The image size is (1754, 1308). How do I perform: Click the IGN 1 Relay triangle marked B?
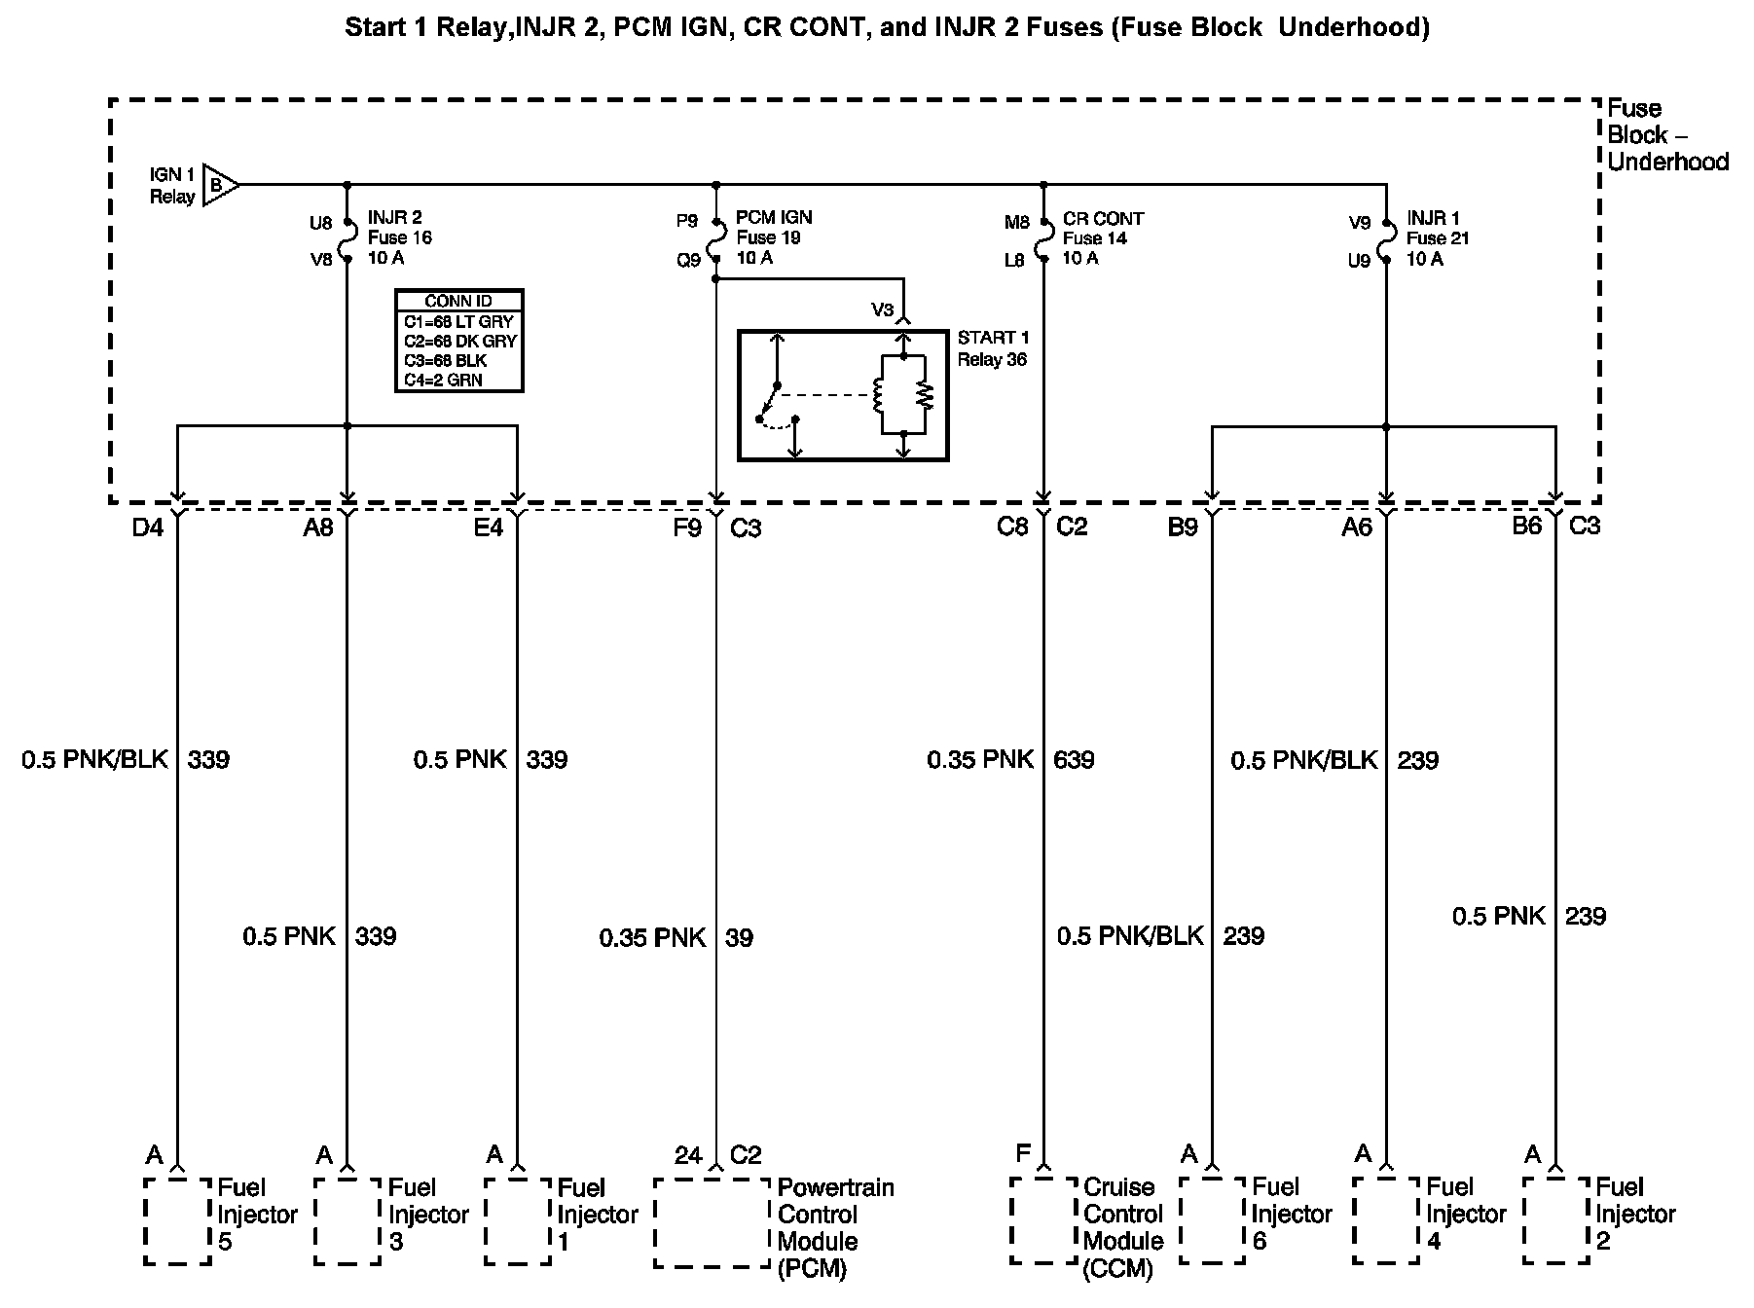coord(219,184)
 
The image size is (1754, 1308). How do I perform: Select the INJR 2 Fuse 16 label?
coord(399,237)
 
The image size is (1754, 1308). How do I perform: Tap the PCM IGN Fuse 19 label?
coord(773,237)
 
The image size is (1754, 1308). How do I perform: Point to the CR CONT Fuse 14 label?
coord(1102,238)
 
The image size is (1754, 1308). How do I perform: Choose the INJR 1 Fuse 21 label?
coord(1438,238)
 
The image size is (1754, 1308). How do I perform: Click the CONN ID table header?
coord(458,301)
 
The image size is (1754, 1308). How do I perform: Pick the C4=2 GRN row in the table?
coord(444,380)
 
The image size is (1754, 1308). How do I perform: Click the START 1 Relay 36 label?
coord(993,348)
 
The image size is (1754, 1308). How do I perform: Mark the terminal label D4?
coord(148,527)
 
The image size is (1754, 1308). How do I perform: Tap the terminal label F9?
coord(686,527)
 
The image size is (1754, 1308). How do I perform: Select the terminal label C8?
coord(1012,527)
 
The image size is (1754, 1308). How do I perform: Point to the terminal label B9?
coord(1182,527)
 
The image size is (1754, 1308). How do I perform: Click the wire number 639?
coord(1074,759)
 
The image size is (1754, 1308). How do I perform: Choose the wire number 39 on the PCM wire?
coord(739,938)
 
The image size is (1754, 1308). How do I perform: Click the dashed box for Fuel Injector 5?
coord(177,1221)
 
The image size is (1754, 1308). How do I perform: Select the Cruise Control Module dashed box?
coord(1043,1221)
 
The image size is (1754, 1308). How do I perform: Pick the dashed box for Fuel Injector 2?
coord(1555,1221)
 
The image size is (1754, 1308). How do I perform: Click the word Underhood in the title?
coord(1353,27)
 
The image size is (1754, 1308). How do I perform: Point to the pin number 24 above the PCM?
coord(687,1155)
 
